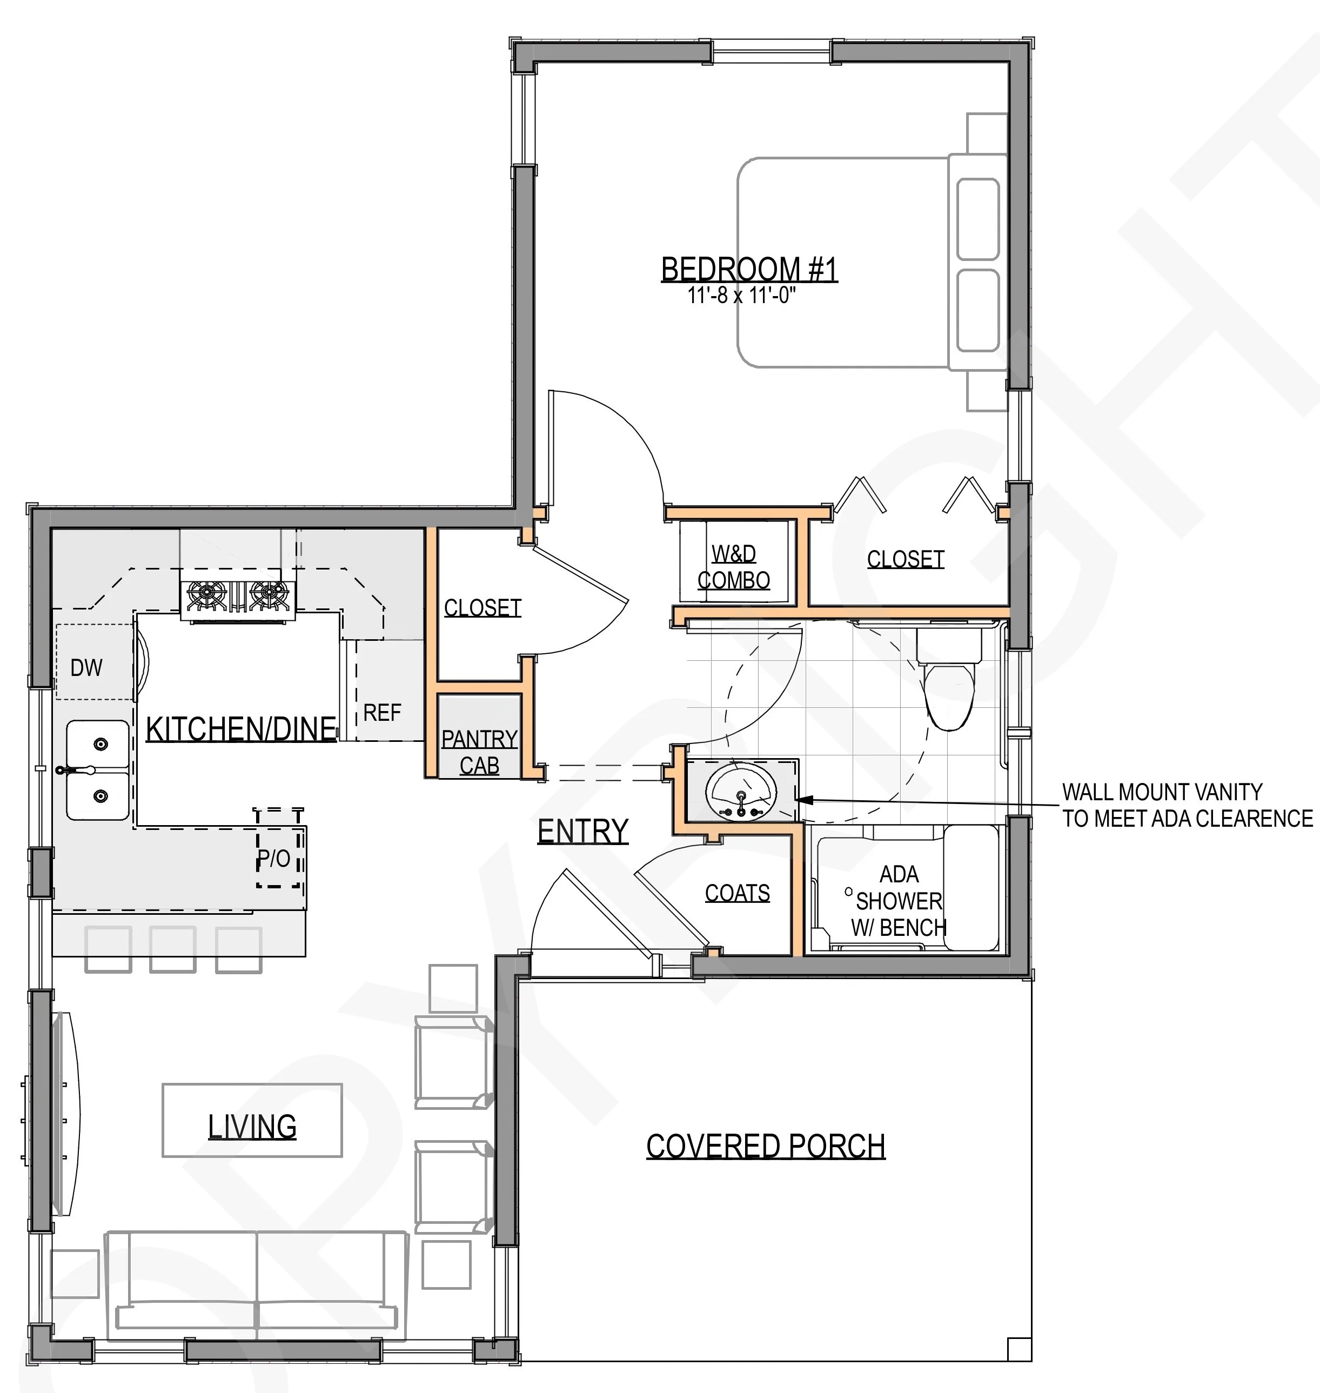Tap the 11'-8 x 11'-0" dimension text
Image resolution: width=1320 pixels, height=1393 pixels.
[x=742, y=295]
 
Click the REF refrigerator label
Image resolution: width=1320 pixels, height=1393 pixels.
[x=382, y=713]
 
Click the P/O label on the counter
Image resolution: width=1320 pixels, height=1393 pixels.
[x=274, y=858]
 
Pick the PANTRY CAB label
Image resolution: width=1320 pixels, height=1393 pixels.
[x=479, y=752]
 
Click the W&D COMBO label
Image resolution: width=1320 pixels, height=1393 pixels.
[x=734, y=567]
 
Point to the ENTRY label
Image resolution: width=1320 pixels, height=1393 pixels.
[x=582, y=831]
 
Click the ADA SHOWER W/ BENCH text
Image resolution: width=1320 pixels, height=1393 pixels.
[x=899, y=901]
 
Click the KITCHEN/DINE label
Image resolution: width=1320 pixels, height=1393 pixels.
[x=240, y=729]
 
